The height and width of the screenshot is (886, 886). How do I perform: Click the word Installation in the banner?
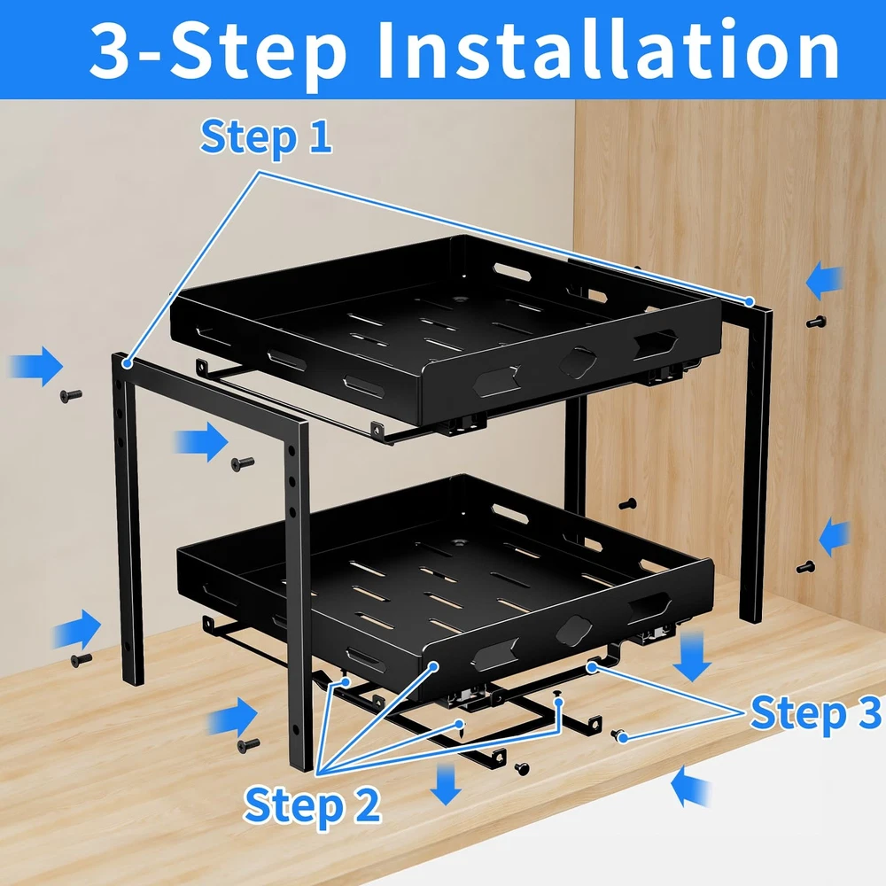click(609, 50)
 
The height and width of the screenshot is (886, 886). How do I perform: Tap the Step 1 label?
click(266, 137)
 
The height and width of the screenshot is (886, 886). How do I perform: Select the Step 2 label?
click(312, 804)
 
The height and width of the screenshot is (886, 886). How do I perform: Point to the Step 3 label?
click(815, 713)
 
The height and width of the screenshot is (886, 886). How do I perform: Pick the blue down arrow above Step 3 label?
click(692, 657)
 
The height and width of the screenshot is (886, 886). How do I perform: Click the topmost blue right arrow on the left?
click(36, 367)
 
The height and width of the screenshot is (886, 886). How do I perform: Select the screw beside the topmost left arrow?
click(71, 395)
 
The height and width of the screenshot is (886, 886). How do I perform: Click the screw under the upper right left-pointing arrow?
click(816, 323)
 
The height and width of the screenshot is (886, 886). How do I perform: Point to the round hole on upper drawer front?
click(577, 362)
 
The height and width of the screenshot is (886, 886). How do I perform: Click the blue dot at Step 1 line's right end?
click(750, 301)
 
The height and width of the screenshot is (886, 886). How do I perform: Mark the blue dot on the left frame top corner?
click(128, 363)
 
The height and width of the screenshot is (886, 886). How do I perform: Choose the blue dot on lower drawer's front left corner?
click(433, 667)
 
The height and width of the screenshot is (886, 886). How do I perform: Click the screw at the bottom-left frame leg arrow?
click(82, 659)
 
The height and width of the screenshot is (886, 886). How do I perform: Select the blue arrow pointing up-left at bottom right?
click(689, 786)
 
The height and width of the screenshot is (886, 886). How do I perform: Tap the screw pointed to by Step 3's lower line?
click(620, 735)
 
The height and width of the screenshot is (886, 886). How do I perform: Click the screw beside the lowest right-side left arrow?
click(805, 567)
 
